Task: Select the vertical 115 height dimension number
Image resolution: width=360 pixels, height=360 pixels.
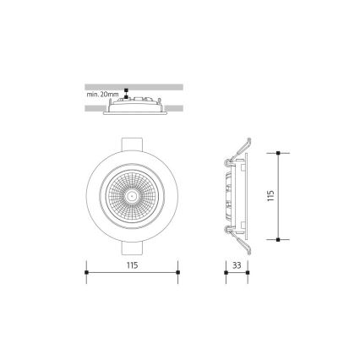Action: point(270,196)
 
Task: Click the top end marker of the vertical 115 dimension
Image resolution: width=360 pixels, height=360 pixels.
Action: point(277,153)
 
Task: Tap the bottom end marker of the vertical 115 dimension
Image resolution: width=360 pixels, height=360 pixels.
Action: point(277,239)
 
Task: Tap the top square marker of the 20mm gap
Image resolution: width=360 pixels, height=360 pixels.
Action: point(125,91)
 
